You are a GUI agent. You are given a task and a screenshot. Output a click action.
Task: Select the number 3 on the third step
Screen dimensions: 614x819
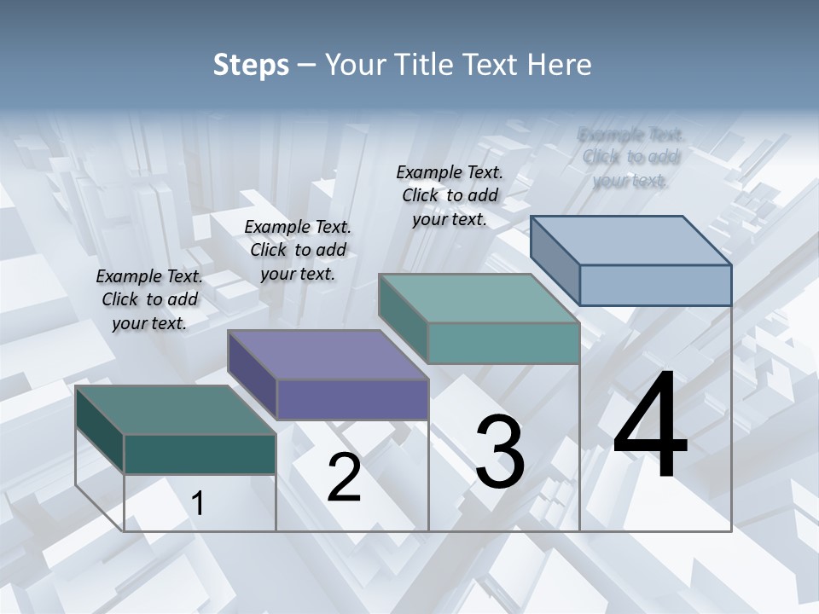click(x=500, y=452)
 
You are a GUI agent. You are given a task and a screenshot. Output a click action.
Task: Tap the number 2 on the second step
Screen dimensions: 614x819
click(x=344, y=478)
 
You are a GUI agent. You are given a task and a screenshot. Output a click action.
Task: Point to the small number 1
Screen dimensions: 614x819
click(x=198, y=503)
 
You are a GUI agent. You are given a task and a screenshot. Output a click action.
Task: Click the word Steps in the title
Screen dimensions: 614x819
click(x=251, y=64)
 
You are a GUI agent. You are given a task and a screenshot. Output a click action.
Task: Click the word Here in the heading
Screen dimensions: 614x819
click(x=560, y=64)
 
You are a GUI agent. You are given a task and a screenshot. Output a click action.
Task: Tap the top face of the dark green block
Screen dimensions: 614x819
click(x=175, y=410)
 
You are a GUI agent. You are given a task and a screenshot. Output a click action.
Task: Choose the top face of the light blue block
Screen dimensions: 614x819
click(x=631, y=240)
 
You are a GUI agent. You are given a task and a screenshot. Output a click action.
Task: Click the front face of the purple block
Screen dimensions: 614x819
click(x=352, y=399)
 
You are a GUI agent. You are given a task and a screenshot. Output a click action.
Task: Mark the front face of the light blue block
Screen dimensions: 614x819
click(x=655, y=285)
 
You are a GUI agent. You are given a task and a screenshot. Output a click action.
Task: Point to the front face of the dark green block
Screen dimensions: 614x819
click(x=200, y=454)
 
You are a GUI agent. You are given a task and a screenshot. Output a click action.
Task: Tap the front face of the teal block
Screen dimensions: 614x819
click(x=503, y=343)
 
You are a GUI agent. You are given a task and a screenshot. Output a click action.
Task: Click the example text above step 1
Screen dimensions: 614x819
click(x=149, y=299)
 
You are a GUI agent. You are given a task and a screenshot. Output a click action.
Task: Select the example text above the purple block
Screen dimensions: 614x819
click(x=298, y=250)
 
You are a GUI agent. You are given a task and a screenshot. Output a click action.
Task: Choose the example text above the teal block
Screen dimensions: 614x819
click(x=450, y=195)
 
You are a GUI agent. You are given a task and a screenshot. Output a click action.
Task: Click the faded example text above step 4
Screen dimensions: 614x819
click(x=630, y=157)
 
